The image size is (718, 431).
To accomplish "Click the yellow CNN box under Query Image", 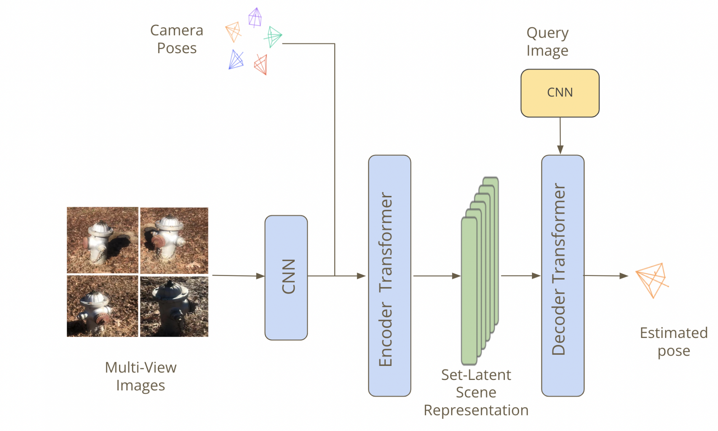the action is coord(560,93).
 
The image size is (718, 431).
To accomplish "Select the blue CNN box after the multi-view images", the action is coord(286,278).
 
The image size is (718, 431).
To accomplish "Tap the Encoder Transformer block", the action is coord(390,276).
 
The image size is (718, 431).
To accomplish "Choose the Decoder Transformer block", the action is coord(563,276).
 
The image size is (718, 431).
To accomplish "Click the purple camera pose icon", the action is coord(255,18).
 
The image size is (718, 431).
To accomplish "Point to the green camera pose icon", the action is coord(273,36).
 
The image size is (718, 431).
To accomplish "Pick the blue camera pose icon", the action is coord(236,60).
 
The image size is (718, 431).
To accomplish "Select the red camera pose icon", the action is coord(261,65).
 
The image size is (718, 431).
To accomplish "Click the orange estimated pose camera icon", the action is coord(652,280).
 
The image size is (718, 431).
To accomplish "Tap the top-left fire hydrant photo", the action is coord(102,240).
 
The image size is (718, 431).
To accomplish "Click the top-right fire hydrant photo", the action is coord(174,240).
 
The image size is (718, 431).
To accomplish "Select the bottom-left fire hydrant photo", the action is coord(102,306).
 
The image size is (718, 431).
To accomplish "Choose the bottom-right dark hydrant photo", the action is coord(174,306).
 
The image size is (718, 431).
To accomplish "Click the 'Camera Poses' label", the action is coord(177,39).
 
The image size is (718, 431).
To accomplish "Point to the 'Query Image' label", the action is coord(547,42).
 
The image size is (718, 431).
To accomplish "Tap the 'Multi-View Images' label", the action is coord(141,376).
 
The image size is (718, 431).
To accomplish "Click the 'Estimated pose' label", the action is coord(673,342).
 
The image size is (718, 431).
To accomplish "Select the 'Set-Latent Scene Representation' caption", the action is coord(476,393).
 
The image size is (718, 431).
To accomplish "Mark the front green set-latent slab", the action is coord(469,291).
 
